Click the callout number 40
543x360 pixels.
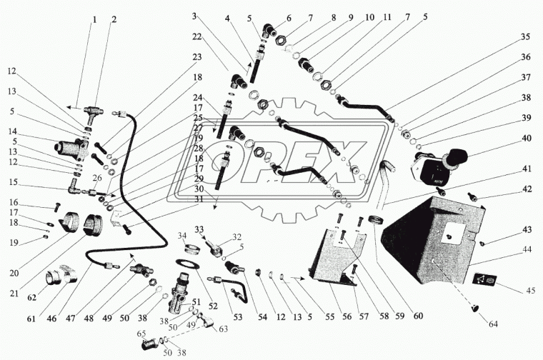click(526, 138)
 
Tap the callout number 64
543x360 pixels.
click(493, 324)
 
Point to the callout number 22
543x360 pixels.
click(196, 36)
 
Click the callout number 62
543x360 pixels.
click(31, 297)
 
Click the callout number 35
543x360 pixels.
click(525, 36)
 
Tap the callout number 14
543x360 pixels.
click(13, 131)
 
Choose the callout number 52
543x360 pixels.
click(213, 306)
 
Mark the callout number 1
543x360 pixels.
click(94, 20)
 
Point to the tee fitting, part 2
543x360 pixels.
click(93, 113)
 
